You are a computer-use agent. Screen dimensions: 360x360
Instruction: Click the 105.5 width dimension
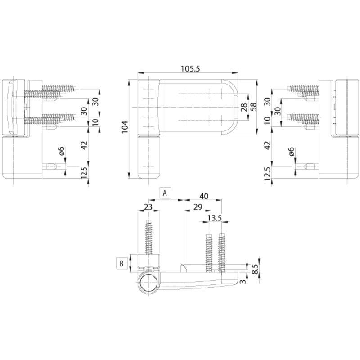pyautogui.click(x=190, y=69)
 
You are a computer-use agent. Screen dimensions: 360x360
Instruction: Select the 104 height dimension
pyautogui.click(x=125, y=127)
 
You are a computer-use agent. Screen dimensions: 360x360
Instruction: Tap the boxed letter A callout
pyautogui.click(x=165, y=193)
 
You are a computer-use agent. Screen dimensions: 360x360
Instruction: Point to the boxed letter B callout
pyautogui.click(x=121, y=263)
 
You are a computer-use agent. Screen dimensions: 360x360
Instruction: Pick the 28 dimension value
pyautogui.click(x=244, y=107)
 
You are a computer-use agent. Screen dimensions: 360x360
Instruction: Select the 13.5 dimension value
pyautogui.click(x=215, y=218)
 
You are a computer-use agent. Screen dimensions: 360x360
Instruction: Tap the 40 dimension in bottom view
pyautogui.click(x=204, y=196)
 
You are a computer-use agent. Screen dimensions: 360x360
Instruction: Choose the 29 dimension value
pyautogui.click(x=198, y=207)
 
